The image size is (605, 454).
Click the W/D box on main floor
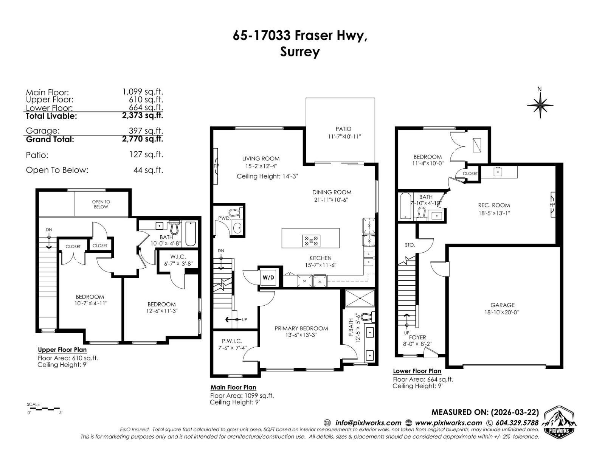click(268, 277)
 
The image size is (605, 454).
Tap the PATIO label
click(343, 129)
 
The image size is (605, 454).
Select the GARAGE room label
click(503, 305)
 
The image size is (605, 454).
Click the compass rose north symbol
click(540, 104)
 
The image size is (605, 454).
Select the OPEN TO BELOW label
click(101, 204)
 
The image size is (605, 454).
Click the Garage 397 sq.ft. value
click(146, 131)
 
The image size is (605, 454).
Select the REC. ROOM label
click(494, 205)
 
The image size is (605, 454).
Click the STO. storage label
click(410, 245)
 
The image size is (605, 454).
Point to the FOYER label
click(417, 337)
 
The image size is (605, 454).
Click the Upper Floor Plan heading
click(62, 350)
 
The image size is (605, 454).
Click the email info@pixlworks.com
click(368, 423)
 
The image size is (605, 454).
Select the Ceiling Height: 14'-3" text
click(267, 176)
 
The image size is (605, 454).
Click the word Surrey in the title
click(300, 51)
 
